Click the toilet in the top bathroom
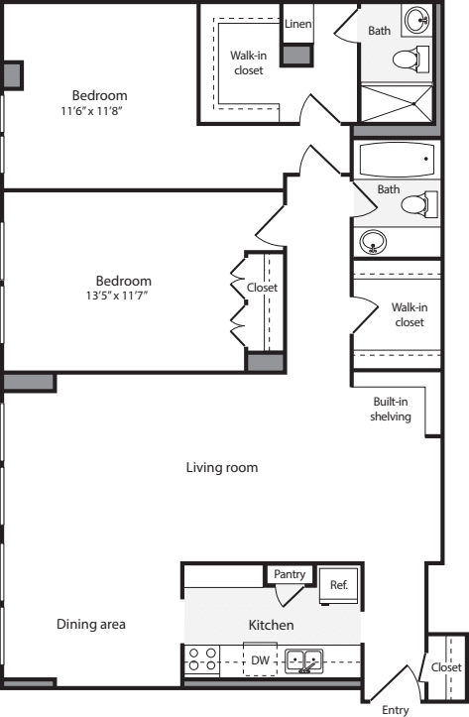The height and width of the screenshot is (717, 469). [408, 60]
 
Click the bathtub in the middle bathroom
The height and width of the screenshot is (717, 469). [396, 160]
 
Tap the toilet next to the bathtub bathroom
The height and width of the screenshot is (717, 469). [417, 204]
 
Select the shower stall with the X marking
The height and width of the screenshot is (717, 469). [396, 103]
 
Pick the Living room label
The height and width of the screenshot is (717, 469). [222, 467]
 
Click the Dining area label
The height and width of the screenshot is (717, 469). [90, 624]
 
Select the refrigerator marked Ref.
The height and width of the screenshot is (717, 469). [339, 585]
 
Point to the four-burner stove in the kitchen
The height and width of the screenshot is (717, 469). [202, 659]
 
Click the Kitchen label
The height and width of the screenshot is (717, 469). [271, 625]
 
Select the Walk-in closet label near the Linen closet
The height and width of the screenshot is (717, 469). [249, 62]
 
